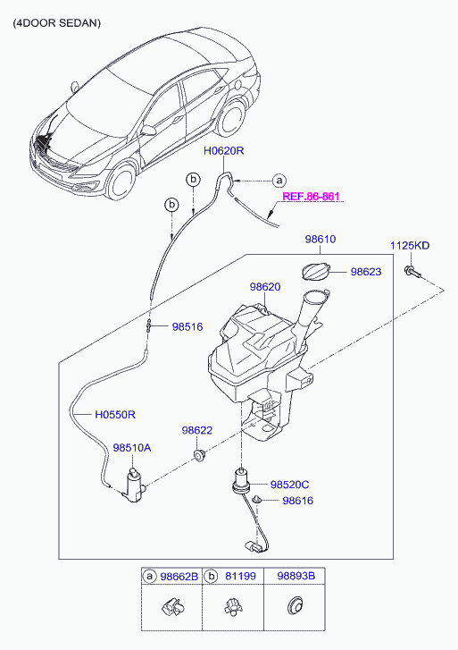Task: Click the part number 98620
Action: (265, 286)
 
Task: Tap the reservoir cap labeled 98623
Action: (315, 272)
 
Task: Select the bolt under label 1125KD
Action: (412, 272)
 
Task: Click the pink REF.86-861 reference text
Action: (311, 196)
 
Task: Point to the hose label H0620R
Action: (223, 150)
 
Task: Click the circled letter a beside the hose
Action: (279, 181)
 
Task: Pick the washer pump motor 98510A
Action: (134, 485)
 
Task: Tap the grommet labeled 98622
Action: (200, 456)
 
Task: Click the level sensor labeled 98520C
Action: (240, 481)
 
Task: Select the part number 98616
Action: (297, 501)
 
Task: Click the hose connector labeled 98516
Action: (149, 326)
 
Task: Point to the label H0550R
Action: (115, 415)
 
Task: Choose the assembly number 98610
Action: (321, 240)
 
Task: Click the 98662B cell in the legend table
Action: (179, 576)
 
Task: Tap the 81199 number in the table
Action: (240, 576)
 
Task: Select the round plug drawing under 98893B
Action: (295, 606)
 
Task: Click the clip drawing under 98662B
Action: (171, 607)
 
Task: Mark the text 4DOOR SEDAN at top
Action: (57, 23)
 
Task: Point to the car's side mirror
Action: (147, 131)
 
